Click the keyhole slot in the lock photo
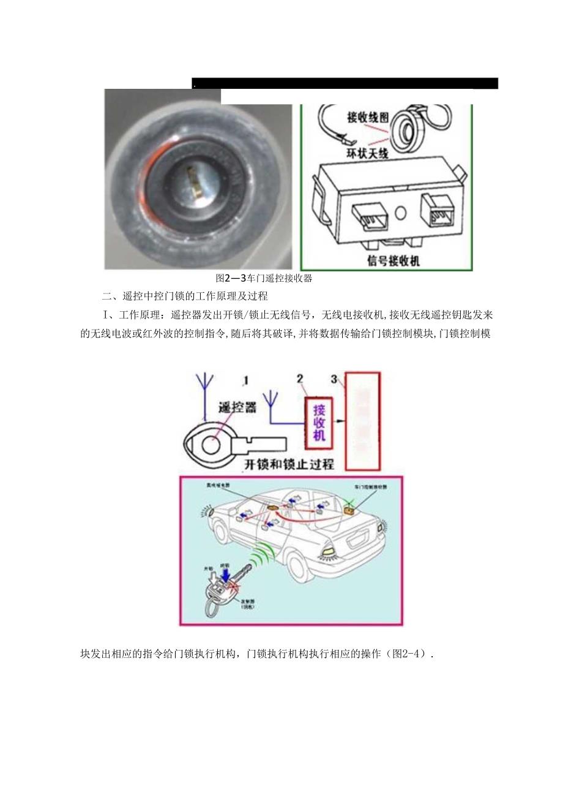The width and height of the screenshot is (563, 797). point(195,182)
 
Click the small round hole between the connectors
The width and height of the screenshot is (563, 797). point(401,214)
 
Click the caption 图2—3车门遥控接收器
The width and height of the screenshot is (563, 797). point(264,278)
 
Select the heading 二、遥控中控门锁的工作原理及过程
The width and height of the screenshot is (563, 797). point(185,297)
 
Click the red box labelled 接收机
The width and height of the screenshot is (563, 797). point(318,422)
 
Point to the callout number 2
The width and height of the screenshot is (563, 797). point(300,379)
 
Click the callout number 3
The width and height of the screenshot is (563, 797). point(334,379)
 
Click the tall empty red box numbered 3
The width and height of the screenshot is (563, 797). point(362,421)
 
